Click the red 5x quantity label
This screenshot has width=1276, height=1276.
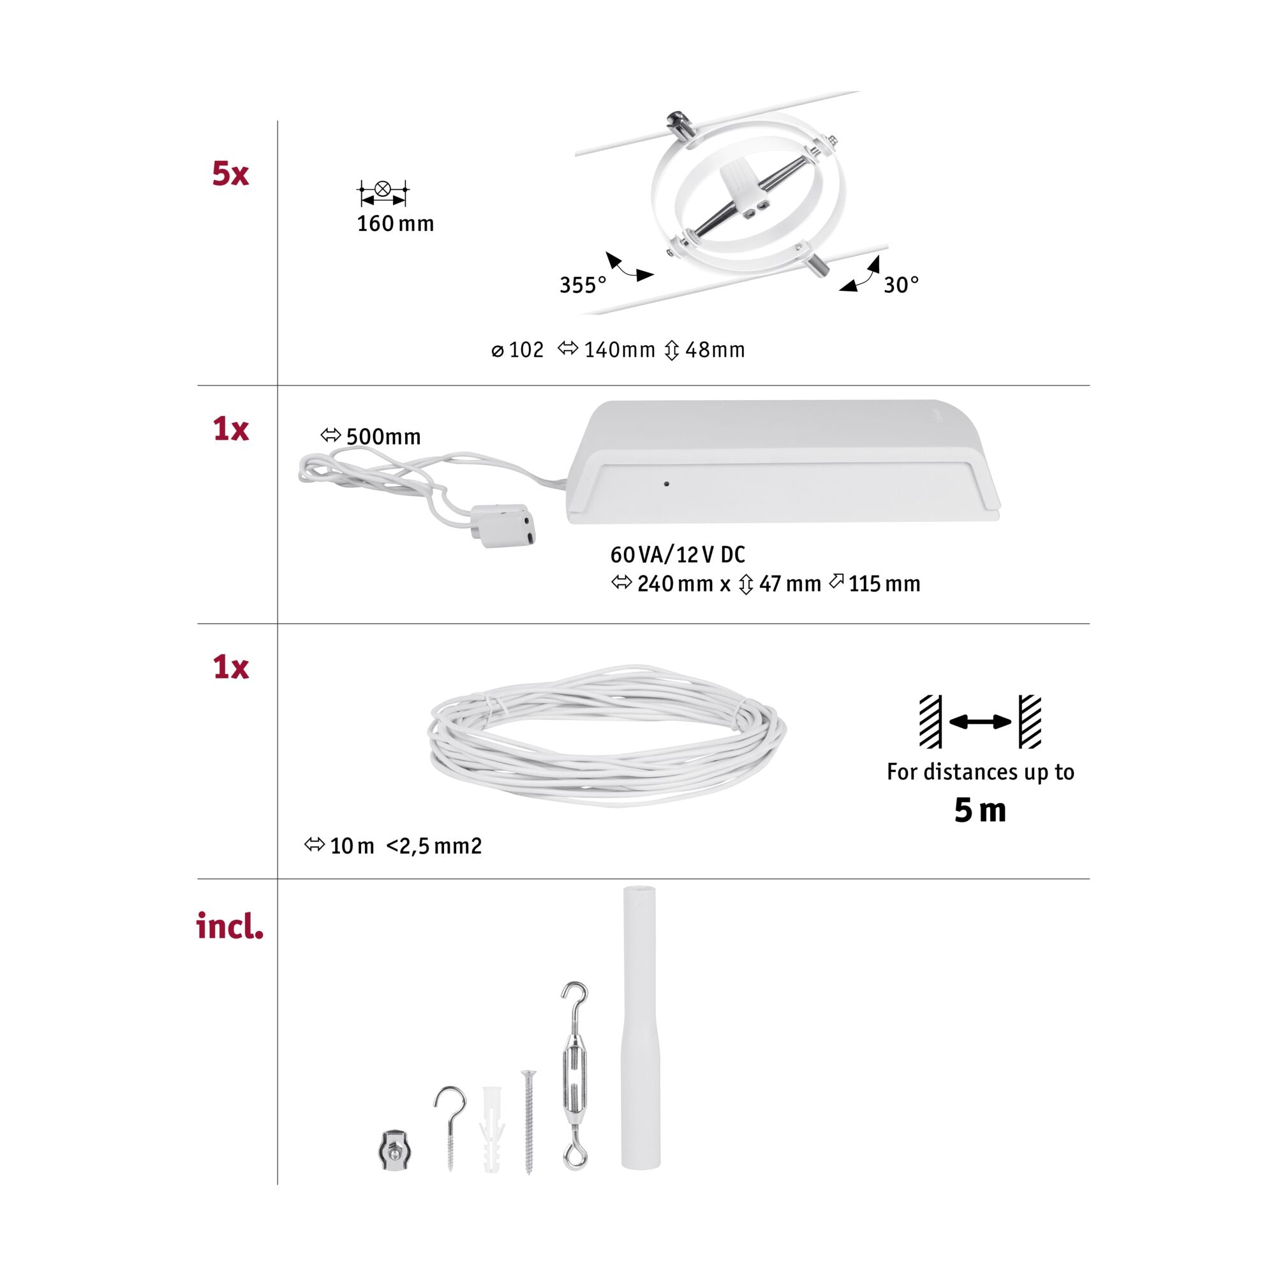pos(230,174)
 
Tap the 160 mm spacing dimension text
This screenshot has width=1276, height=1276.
pos(396,224)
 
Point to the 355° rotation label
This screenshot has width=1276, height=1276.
pos(582,285)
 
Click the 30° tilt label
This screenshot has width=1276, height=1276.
pos(901,285)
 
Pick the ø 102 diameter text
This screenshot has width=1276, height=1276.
pos(518,350)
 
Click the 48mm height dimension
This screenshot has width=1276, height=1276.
pos(705,350)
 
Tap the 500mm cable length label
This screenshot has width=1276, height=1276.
pos(371,436)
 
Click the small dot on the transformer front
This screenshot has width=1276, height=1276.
pos(667,484)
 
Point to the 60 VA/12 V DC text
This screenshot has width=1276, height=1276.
pos(678,555)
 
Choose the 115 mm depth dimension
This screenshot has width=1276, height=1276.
pos(875,584)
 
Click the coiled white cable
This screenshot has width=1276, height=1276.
pos(607,735)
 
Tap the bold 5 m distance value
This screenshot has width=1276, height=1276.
pos(980,810)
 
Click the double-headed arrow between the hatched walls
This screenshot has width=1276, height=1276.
pos(980,722)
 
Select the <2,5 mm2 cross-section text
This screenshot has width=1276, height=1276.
pos(434,846)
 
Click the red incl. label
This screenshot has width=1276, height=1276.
pos(230,926)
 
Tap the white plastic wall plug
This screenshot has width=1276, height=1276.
pos(491,1129)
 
